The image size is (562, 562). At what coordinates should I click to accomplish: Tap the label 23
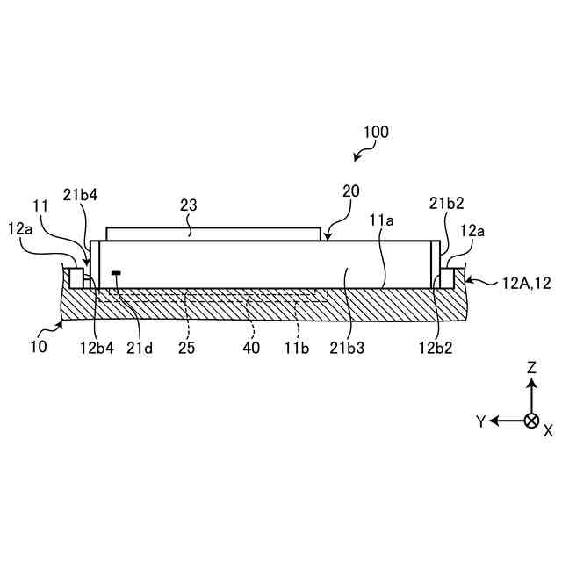188,205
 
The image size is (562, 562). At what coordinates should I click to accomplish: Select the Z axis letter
531,370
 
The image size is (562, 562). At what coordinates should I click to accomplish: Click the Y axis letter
481,421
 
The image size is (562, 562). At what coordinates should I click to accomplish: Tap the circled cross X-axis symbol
530,421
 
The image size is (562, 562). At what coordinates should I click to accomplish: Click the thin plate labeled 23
213,234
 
